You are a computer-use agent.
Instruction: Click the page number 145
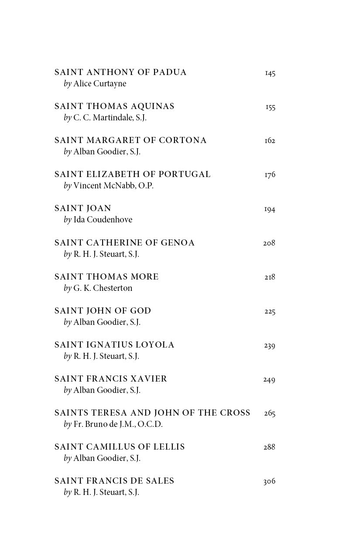click(270, 73)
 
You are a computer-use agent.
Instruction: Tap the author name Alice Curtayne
click(99, 84)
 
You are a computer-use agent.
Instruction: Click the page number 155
click(271, 107)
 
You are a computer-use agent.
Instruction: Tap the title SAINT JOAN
click(83, 208)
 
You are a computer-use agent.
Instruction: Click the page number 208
click(269, 243)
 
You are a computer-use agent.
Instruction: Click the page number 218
click(270, 277)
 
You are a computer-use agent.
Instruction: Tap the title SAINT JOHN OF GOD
click(103, 311)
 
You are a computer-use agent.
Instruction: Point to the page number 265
click(270, 413)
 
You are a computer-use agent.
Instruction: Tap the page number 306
click(269, 481)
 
